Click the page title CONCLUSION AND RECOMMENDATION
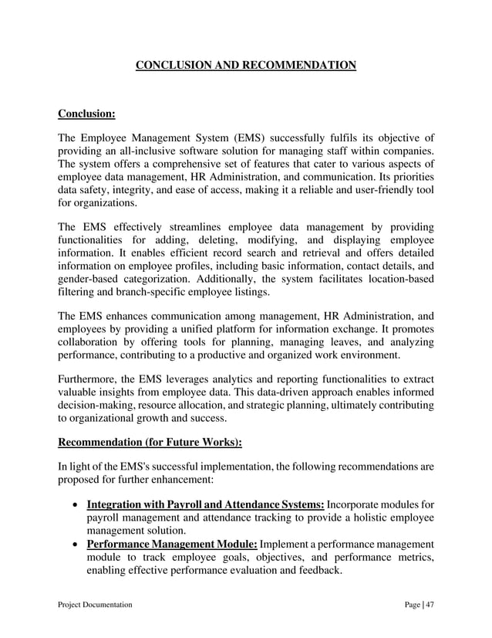coord(246,65)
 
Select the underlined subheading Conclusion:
coord(86,114)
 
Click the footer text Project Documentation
coord(95,605)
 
